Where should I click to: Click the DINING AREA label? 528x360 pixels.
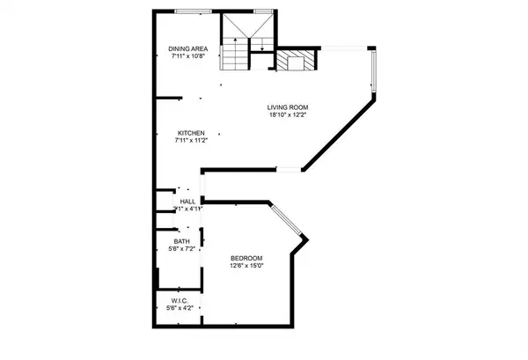[189, 48]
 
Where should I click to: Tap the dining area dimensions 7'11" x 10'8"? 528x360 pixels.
[189, 56]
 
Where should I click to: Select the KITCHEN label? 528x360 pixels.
[189, 133]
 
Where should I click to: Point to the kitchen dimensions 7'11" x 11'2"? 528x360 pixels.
[189, 141]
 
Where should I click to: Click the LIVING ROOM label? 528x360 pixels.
[289, 108]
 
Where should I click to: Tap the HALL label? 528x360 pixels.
[187, 202]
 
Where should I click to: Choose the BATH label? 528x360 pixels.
[180, 241]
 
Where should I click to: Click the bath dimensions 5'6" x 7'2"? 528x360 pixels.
[180, 249]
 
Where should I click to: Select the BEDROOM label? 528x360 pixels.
[246, 258]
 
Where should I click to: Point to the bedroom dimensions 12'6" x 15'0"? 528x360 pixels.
[246, 266]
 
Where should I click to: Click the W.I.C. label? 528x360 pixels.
[180, 300]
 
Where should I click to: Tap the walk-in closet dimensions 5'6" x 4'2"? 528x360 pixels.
[180, 308]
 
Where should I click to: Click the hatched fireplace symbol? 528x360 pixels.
[291, 62]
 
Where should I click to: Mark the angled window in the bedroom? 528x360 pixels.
[286, 220]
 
